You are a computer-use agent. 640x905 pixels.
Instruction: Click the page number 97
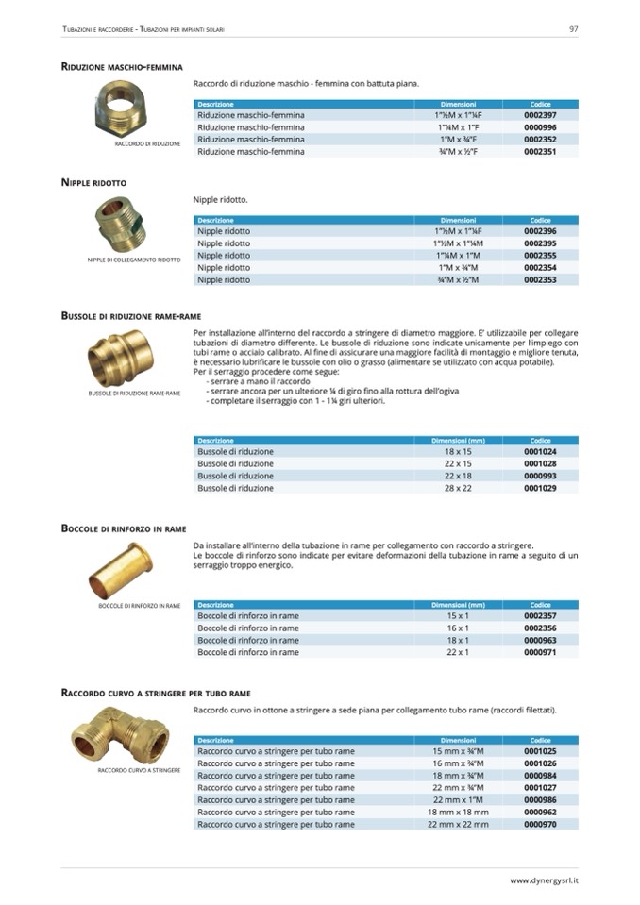[574, 28]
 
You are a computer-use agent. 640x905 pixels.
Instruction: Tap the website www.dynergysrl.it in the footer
[545, 880]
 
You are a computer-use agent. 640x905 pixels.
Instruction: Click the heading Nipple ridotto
[93, 182]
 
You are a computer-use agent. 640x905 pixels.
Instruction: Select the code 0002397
[540, 115]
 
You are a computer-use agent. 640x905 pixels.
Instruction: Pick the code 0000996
[540, 127]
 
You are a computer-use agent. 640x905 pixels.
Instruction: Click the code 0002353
[540, 279]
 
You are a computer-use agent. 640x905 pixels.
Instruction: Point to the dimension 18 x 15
[458, 452]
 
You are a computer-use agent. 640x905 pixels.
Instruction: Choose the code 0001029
[540, 488]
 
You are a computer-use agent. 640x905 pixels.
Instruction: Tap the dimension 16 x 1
[458, 628]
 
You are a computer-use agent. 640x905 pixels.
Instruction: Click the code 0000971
[540, 652]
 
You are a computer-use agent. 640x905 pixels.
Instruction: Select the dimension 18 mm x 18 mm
[458, 812]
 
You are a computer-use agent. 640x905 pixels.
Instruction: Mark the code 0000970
[540, 824]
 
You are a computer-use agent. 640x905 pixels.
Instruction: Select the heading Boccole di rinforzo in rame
[123, 529]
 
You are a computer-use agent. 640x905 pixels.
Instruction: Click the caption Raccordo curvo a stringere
[139, 770]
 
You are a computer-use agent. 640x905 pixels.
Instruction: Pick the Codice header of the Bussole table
[540, 441]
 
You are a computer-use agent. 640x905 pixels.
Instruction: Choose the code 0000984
[540, 775]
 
